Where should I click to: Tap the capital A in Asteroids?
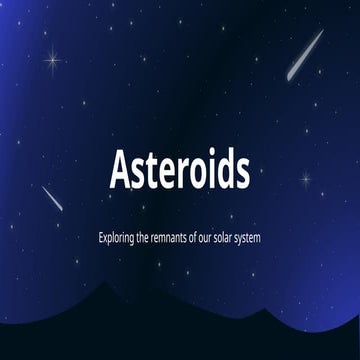(120, 172)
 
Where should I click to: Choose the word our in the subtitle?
(217, 241)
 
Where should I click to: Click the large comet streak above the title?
(305, 55)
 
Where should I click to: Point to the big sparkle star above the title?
(51, 59)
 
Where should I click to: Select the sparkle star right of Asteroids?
(306, 180)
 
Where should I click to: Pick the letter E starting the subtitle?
(101, 240)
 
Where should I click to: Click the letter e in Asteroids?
(165, 175)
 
